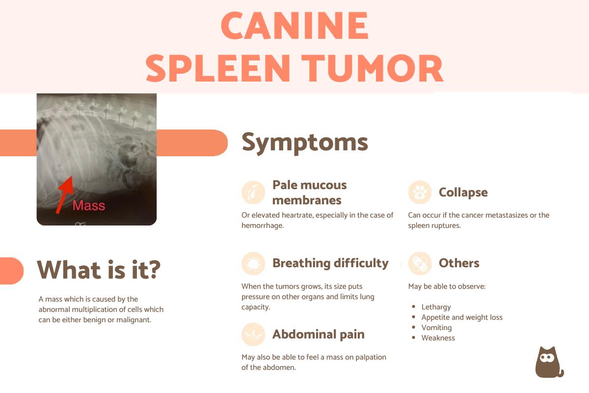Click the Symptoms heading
pyautogui.click(x=305, y=142)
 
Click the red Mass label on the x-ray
pyautogui.click(x=89, y=205)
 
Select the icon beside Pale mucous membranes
pyautogui.click(x=253, y=193)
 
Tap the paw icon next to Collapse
pyautogui.click(x=420, y=193)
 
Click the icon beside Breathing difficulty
pyautogui.click(x=253, y=263)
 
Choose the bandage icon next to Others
pyautogui.click(x=420, y=263)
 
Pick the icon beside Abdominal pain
pyautogui.click(x=253, y=335)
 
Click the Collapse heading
pyautogui.click(x=463, y=193)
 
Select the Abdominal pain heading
pyautogui.click(x=318, y=335)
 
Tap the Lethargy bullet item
pyautogui.click(x=436, y=307)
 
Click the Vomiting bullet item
pyautogui.click(x=436, y=328)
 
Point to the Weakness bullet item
pyautogui.click(x=438, y=338)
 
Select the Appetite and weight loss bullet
pyautogui.click(x=462, y=317)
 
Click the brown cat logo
pyautogui.click(x=548, y=363)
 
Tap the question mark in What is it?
pyautogui.click(x=154, y=270)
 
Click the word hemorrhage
pyautogui.click(x=263, y=225)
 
